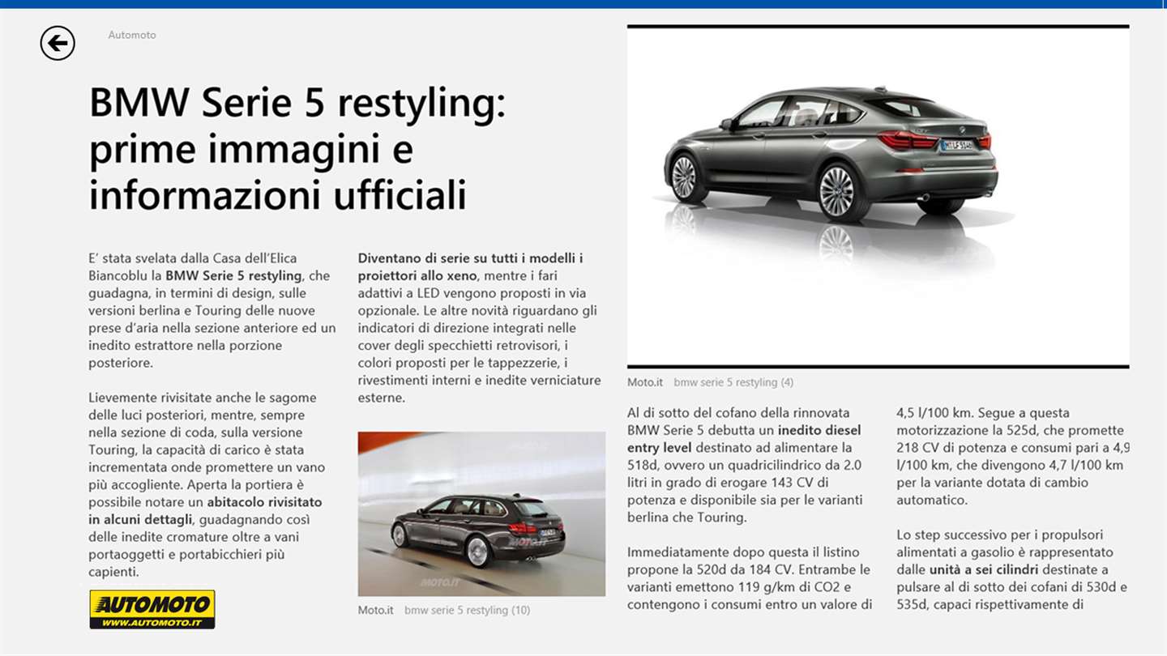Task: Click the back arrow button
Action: [x=58, y=43]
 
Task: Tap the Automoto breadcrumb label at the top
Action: [x=132, y=35]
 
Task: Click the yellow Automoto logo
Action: [x=152, y=609]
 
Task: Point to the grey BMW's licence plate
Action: [x=956, y=146]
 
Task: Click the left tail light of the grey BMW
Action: [x=907, y=140]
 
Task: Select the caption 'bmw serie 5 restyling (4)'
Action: [x=733, y=382]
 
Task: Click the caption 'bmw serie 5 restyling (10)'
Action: [x=467, y=610]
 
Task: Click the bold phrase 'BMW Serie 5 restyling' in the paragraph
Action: [x=233, y=275]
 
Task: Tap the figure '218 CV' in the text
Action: [x=916, y=447]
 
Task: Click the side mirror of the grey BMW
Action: [x=726, y=124]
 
